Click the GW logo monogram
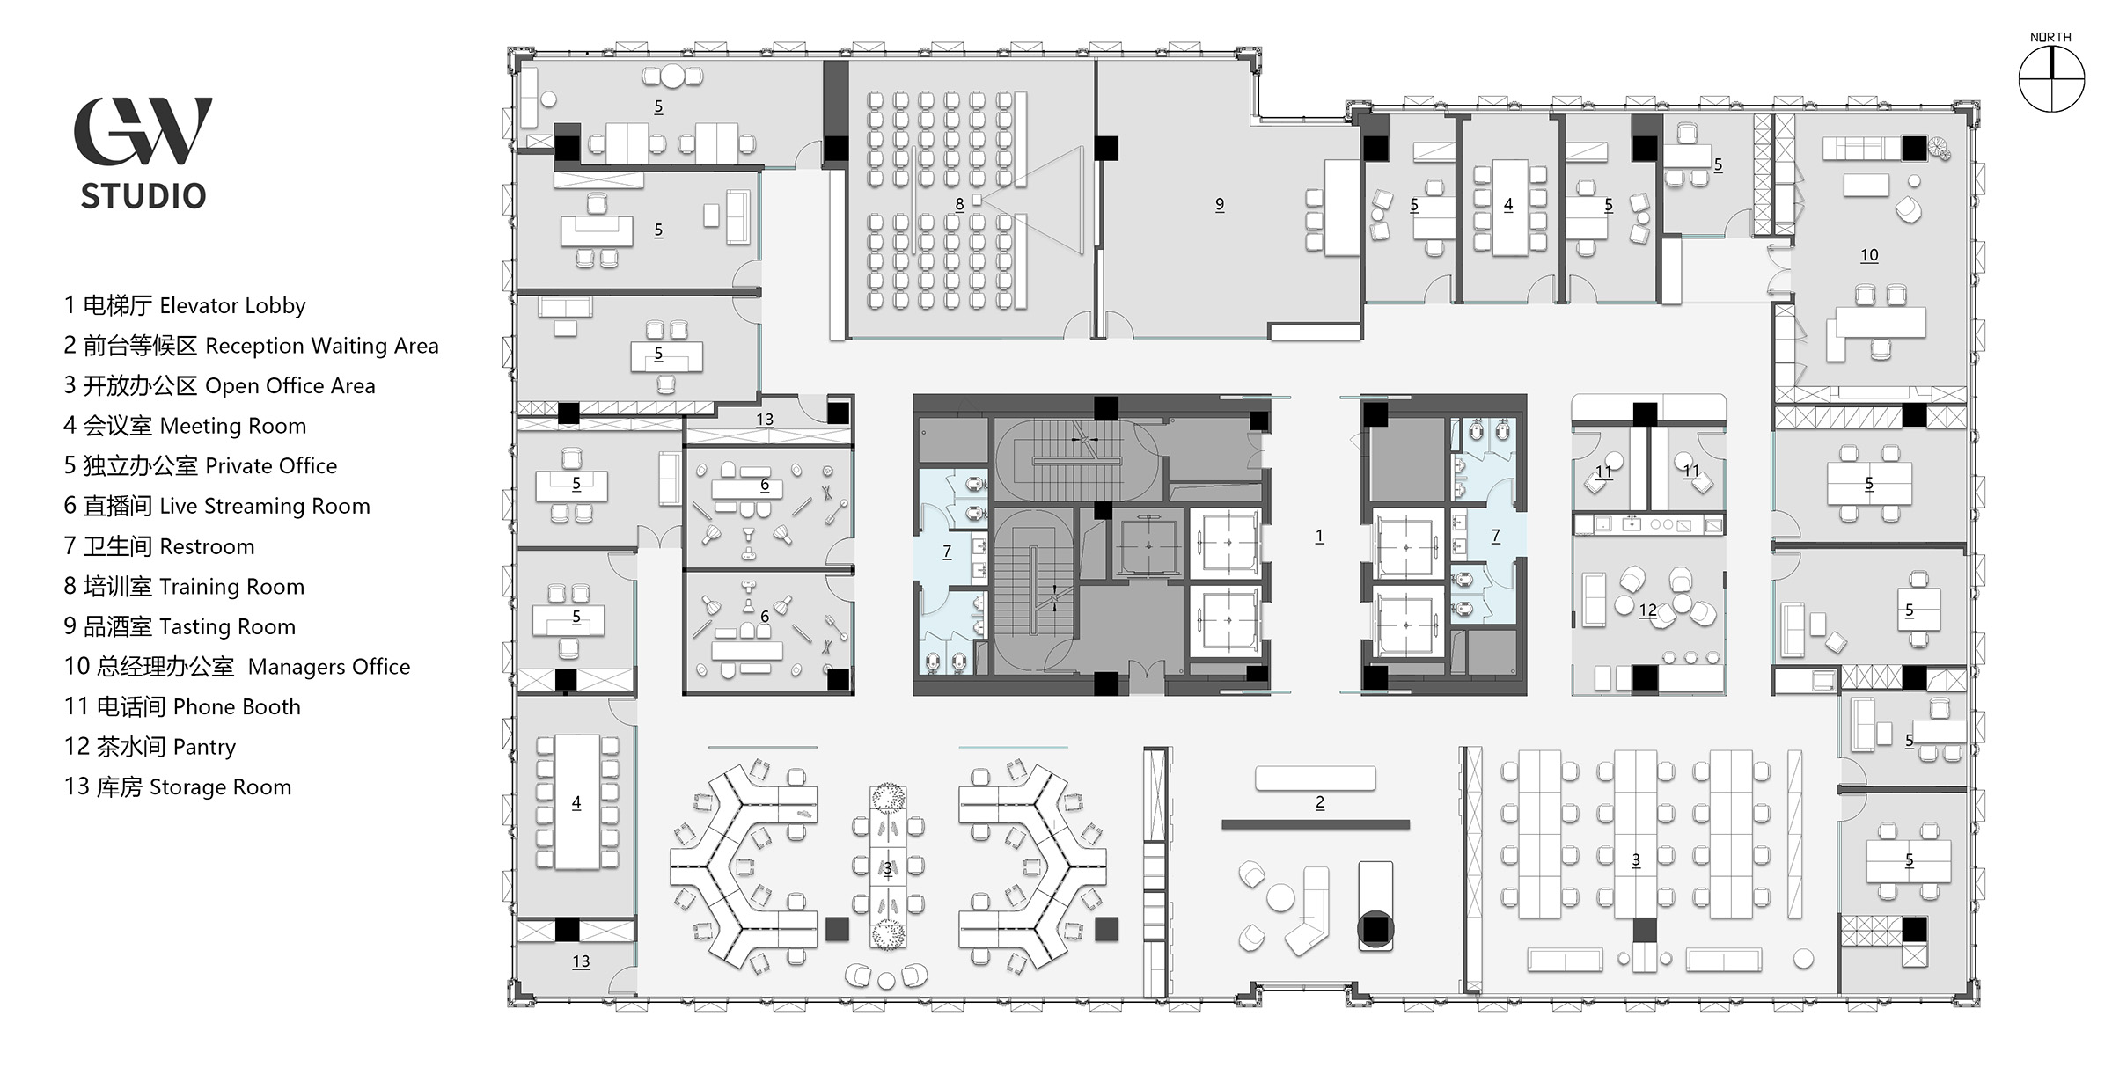point(143,131)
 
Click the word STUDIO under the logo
point(143,196)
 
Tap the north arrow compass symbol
point(2051,80)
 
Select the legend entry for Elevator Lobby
point(185,305)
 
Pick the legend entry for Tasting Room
point(180,626)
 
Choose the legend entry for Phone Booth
point(182,706)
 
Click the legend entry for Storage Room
point(178,786)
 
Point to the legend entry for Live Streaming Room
point(216,506)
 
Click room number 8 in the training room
point(959,204)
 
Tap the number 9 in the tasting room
point(1220,204)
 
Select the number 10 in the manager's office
point(1869,255)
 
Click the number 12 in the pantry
point(1648,610)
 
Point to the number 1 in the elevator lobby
point(1319,536)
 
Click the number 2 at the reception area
point(1320,802)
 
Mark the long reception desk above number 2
point(1316,778)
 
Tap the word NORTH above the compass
point(2050,37)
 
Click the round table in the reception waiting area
point(1280,898)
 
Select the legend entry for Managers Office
point(237,667)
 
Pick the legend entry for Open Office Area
point(219,385)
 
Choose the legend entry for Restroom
point(159,546)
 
